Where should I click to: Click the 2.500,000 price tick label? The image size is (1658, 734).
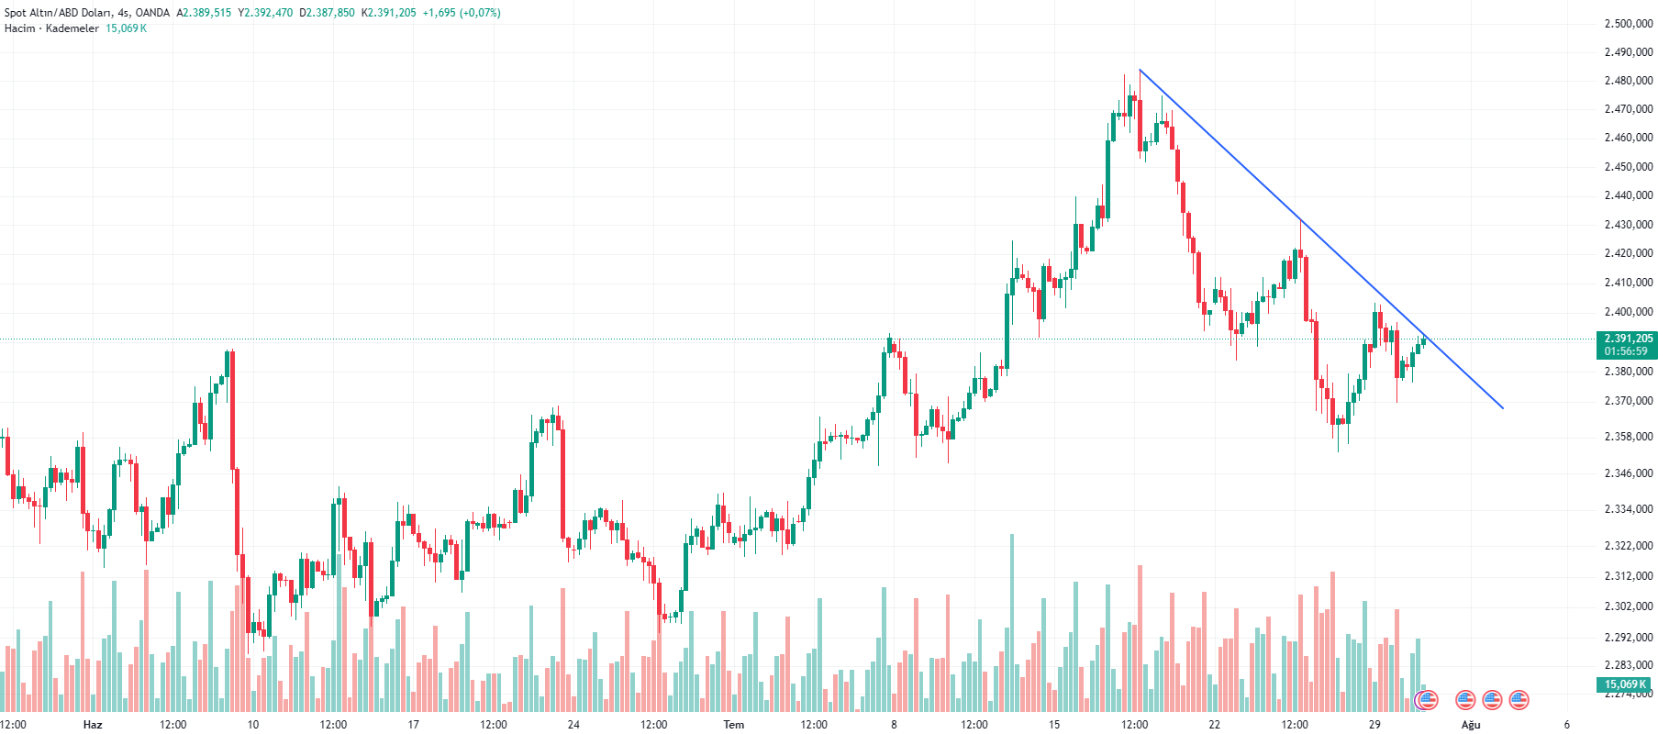(1628, 24)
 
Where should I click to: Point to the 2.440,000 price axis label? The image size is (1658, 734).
(1628, 195)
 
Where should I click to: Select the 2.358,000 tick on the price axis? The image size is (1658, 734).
(1628, 437)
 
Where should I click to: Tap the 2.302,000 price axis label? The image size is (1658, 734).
(1628, 606)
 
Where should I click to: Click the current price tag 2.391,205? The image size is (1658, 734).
(1628, 339)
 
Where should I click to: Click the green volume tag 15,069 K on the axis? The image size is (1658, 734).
(1626, 684)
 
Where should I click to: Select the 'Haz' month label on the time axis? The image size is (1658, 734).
(93, 725)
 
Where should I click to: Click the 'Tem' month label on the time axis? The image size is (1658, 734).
(734, 725)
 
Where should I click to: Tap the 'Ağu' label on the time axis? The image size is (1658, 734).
(1471, 725)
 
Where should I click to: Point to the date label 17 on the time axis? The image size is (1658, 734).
(413, 725)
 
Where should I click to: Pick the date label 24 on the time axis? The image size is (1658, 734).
(573, 725)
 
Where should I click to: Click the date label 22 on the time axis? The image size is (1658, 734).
(1215, 725)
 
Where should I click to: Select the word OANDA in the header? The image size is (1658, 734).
(152, 13)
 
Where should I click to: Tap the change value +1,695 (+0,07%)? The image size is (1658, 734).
(462, 13)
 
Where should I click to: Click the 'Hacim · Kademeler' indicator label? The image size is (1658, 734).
(51, 28)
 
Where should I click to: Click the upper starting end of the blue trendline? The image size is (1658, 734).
(1140, 70)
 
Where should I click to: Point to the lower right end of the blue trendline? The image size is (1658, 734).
(1503, 407)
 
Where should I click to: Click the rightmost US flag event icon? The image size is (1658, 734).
(1519, 700)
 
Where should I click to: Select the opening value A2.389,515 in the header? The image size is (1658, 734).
(204, 13)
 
